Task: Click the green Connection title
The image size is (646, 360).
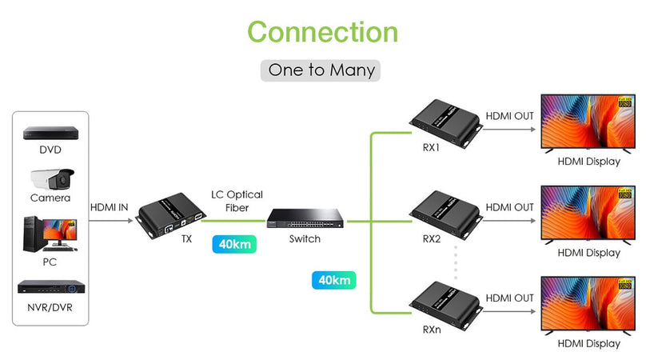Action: pyautogui.click(x=322, y=32)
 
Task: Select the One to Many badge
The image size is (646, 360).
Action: pyautogui.click(x=321, y=70)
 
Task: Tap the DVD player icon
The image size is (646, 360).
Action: pyautogui.click(x=50, y=133)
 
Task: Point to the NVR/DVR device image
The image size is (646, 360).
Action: pyautogui.click(x=50, y=287)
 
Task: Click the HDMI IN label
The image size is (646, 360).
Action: pyautogui.click(x=109, y=207)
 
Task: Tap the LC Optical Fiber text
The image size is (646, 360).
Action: pyautogui.click(x=237, y=201)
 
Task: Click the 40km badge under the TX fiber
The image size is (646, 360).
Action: pyautogui.click(x=235, y=243)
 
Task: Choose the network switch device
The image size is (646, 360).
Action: pyautogui.click(x=305, y=218)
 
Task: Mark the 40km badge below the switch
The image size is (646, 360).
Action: pyautogui.click(x=334, y=281)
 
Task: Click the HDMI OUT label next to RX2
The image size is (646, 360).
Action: pyautogui.click(x=509, y=207)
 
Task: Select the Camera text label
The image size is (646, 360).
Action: pyautogui.click(x=50, y=198)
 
